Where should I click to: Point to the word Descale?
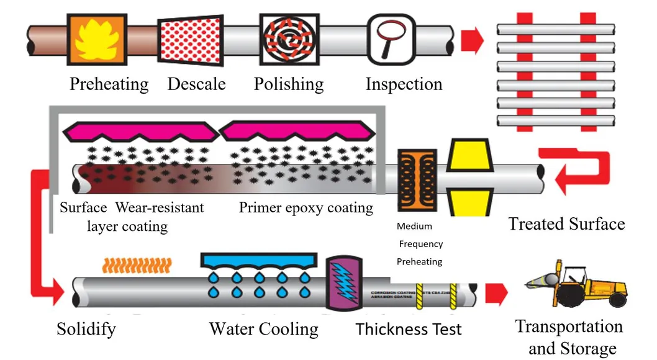pyautogui.click(x=196, y=84)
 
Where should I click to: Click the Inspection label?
pyautogui.click(x=404, y=84)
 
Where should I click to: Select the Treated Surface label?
pyautogui.click(x=566, y=223)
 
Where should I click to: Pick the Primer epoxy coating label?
pyautogui.click(x=306, y=207)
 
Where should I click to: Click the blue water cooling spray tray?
pyautogui.click(x=260, y=261)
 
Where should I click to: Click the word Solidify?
pyautogui.click(x=86, y=328)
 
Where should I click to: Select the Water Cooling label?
pyautogui.click(x=263, y=328)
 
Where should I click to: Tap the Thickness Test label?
pyautogui.click(x=409, y=328)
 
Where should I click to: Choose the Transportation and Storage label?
pyautogui.click(x=569, y=337)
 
